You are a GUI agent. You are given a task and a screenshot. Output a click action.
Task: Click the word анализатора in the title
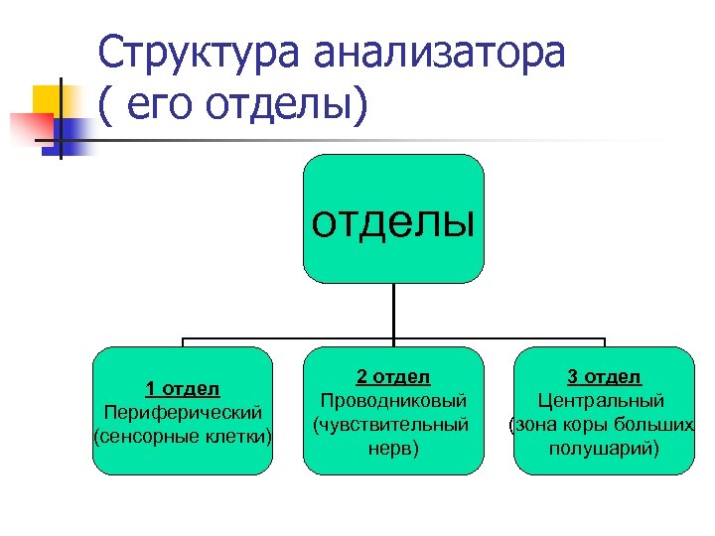coord(438,52)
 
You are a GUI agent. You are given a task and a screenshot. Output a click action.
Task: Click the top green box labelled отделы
coord(393,218)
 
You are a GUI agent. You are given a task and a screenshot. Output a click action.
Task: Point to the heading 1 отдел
coord(182,388)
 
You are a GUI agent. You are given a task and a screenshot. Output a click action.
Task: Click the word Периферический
coord(182,411)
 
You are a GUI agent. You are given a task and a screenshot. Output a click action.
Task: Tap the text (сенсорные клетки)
coord(182,435)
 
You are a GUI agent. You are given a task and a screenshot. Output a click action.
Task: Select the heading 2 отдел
coord(392,376)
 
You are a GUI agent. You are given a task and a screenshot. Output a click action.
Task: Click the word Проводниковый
coord(392,400)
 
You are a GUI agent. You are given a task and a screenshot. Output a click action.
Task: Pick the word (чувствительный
coord(392,424)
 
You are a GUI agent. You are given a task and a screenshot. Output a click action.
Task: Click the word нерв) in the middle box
coord(392,448)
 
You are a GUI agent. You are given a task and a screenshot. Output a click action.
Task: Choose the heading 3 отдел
coord(604,376)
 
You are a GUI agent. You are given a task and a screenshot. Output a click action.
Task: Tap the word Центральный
coord(604,400)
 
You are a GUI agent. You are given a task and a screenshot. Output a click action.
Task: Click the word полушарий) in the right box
coord(604,448)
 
